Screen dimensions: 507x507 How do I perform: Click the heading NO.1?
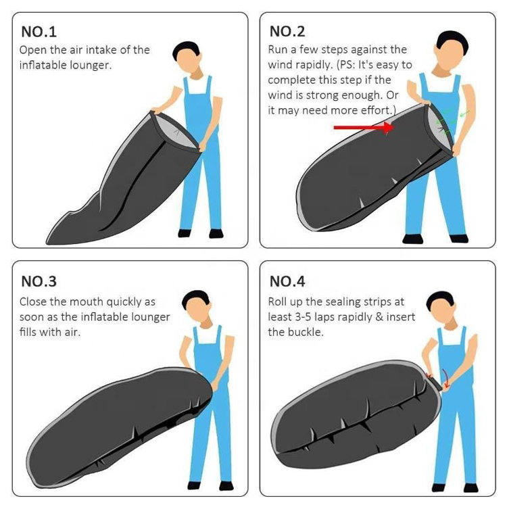point(39,32)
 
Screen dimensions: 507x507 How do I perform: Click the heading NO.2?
point(287,31)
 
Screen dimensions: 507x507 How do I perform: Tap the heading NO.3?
point(39,281)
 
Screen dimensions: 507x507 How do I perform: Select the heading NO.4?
point(287,281)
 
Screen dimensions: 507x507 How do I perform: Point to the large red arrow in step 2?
point(364,127)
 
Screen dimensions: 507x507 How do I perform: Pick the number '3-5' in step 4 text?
point(304,317)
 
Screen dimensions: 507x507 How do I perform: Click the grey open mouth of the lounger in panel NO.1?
point(176,132)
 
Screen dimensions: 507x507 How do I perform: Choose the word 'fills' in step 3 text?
point(28,332)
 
